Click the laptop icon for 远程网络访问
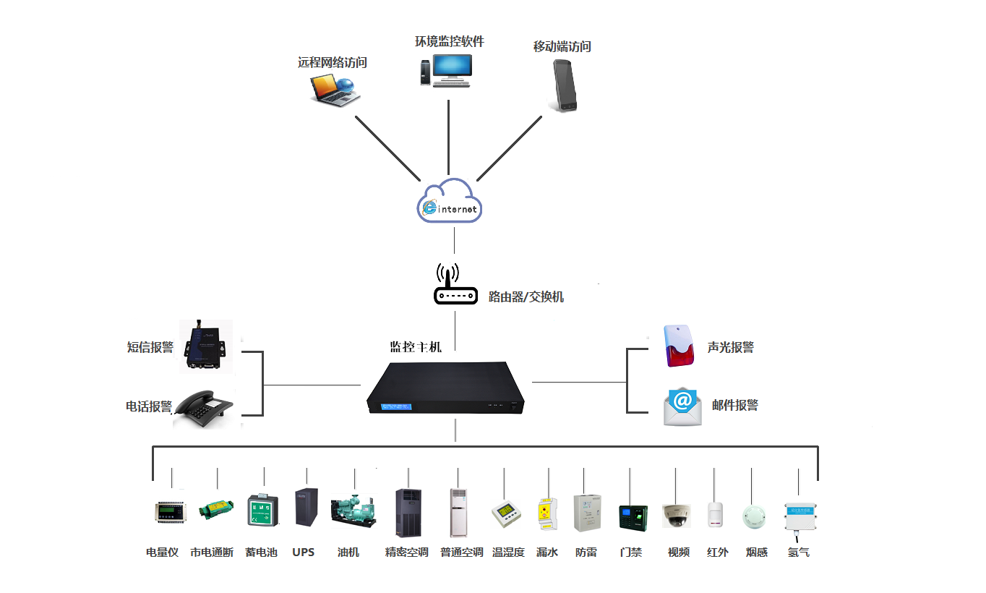(x=335, y=90)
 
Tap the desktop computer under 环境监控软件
(x=445, y=70)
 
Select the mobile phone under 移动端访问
(x=565, y=85)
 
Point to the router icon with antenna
(x=455, y=286)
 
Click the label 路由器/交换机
(x=526, y=296)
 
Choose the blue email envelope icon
(x=682, y=406)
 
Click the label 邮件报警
(x=735, y=406)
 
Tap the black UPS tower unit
(x=306, y=507)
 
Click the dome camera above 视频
(x=676, y=515)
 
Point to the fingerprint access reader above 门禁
(x=630, y=516)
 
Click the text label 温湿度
(x=508, y=553)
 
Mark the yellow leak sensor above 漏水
(x=547, y=514)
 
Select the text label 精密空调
(x=406, y=553)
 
